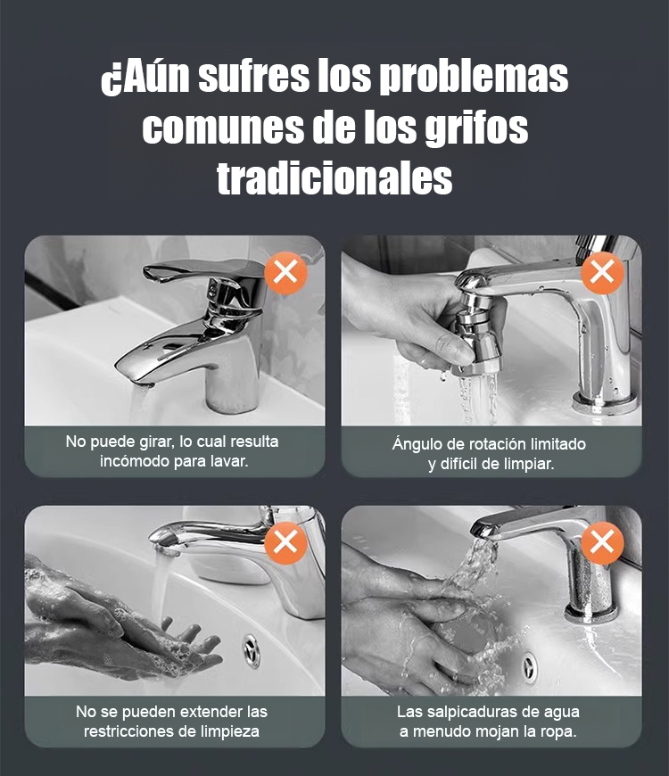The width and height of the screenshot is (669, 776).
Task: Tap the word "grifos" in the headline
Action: [x=476, y=128]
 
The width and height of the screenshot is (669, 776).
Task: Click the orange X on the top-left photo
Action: [x=285, y=273]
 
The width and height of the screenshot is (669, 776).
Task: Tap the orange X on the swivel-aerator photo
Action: [x=602, y=273]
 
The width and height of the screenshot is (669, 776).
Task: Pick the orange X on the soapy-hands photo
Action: [x=285, y=543]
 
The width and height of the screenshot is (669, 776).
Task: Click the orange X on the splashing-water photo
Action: [x=602, y=543]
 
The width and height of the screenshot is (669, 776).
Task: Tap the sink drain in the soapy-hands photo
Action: [x=252, y=650]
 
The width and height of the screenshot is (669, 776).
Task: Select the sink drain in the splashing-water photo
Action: [x=530, y=668]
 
